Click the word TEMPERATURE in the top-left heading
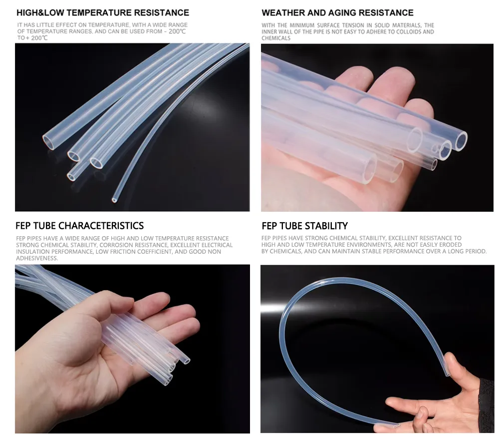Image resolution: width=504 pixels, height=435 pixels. point(99,13)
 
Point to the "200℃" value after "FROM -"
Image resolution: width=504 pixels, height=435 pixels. point(177,31)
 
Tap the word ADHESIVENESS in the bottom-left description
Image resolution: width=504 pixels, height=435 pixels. point(37,258)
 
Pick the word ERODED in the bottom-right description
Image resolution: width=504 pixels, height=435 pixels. point(450,245)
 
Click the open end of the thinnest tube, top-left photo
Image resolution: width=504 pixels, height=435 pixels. point(114,200)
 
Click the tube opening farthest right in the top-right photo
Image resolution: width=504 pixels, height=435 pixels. point(460,141)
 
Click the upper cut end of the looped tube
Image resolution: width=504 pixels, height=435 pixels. point(447,374)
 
